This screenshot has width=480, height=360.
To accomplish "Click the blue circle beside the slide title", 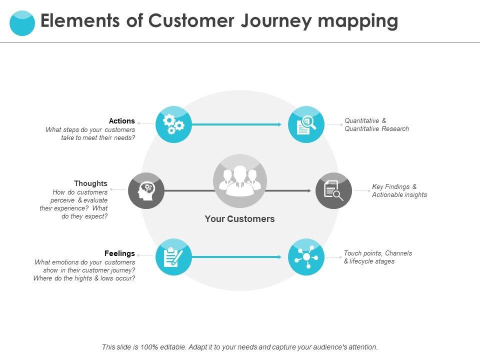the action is coord(22,23).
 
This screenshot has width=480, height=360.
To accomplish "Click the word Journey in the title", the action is coord(276,21).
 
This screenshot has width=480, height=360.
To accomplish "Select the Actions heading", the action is coord(122,121).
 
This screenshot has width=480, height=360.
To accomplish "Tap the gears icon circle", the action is coord(173,124).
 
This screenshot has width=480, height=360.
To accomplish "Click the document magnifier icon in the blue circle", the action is coord(306,124).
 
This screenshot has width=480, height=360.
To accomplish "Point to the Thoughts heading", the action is coord(90,183).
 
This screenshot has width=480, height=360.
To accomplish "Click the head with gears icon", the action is coord(146,190).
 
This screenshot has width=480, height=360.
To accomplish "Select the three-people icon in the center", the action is coord(240,181).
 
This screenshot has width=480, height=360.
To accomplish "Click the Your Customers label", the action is coord(239,219).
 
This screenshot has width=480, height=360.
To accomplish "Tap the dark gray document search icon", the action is coord(333,190).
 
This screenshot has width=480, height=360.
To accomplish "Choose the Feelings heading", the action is coord(119,253).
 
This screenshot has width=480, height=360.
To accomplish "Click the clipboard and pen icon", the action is coord(173,257).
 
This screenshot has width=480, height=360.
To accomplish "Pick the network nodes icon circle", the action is coord(306,257).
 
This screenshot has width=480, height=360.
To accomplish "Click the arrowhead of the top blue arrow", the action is coord(280,124).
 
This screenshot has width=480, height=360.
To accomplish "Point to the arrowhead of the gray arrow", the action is coord(309,190).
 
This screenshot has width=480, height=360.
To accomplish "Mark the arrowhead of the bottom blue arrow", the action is coord(280,257).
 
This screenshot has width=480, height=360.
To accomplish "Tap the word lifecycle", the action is coord(363,261).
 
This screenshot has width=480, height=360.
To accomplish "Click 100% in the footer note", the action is coord(149,347).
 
